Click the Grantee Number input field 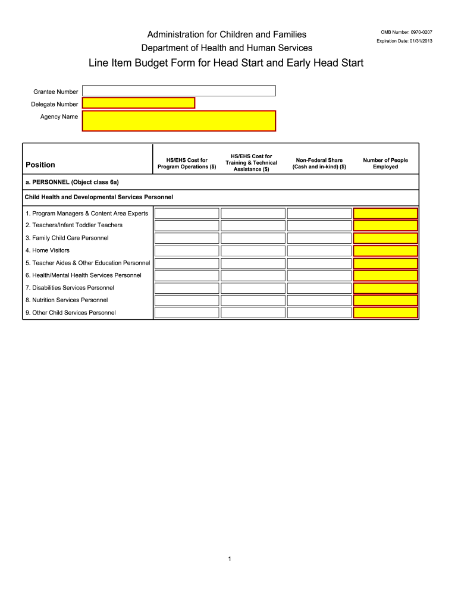[x=178, y=90]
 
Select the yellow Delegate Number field [x=139, y=103]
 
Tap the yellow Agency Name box [x=178, y=121]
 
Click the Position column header [x=40, y=165]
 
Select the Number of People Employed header [x=385, y=164]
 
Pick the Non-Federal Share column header [x=319, y=164]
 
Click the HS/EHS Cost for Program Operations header [x=187, y=164]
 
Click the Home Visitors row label [x=48, y=250]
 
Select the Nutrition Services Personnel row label [x=67, y=300]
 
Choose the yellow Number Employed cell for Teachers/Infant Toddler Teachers [x=385, y=226]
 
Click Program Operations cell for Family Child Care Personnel [x=187, y=238]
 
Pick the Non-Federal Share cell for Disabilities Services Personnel [x=319, y=288]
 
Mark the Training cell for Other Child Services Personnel [x=253, y=313]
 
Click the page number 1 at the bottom [x=229, y=559]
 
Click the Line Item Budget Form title [x=226, y=63]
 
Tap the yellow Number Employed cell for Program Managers [x=385, y=214]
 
